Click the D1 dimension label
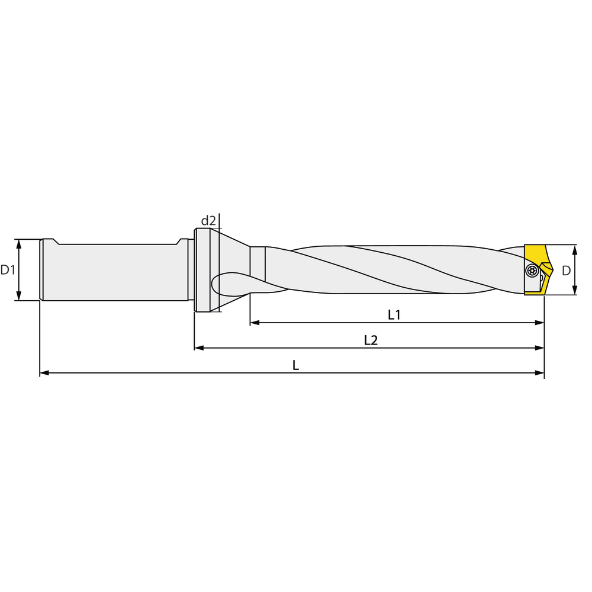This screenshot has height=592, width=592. (8, 271)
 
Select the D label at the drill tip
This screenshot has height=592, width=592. (566, 271)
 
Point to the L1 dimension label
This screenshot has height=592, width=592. (394, 315)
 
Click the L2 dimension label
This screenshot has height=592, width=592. (371, 340)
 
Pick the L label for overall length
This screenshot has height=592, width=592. (295, 365)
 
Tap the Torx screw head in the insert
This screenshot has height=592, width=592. (532, 271)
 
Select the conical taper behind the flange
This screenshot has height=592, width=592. (234, 260)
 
